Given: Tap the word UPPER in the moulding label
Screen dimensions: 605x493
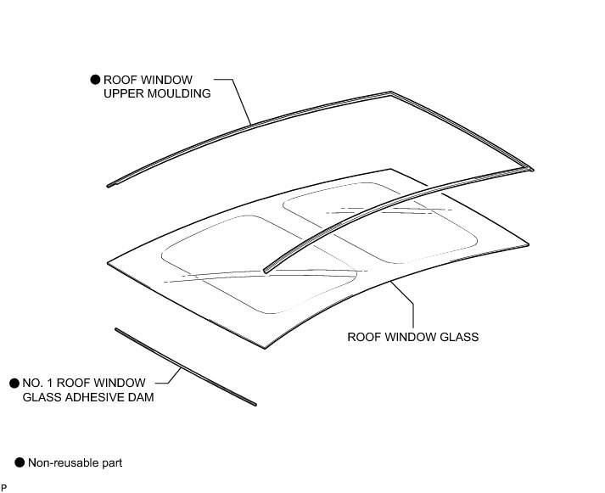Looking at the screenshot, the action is click(x=131, y=93).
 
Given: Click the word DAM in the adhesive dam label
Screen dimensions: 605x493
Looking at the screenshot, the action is click(x=143, y=396).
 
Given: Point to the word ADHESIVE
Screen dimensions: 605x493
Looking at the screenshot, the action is click(x=100, y=396).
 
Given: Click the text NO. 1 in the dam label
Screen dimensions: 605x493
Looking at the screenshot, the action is click(x=36, y=383).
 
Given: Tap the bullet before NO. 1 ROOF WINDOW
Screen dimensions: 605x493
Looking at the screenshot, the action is click(x=14, y=383).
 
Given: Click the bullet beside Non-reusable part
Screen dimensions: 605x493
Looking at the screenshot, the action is click(x=20, y=462).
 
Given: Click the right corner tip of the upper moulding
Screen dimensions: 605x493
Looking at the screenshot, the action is click(x=532, y=169).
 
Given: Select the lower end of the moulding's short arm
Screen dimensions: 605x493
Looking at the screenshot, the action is click(x=267, y=270).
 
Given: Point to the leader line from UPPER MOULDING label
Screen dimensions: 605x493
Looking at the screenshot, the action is click(x=240, y=102).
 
